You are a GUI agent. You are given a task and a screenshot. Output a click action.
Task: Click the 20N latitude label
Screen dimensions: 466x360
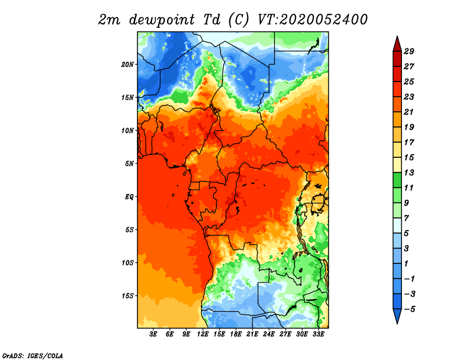(x=128, y=65)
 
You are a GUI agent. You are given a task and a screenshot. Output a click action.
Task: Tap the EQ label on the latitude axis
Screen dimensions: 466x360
(x=129, y=197)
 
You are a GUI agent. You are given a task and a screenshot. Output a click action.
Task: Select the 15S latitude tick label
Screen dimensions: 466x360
(x=128, y=296)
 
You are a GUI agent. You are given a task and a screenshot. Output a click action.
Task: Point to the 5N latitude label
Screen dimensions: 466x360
(x=129, y=164)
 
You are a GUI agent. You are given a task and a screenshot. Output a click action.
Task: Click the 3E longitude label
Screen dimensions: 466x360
(x=153, y=334)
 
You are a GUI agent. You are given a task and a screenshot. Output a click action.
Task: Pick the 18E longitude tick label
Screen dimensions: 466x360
(x=236, y=334)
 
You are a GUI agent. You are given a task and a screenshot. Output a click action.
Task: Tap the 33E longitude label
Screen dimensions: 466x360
(x=318, y=334)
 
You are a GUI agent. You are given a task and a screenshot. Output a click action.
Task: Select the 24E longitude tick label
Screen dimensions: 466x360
(x=269, y=334)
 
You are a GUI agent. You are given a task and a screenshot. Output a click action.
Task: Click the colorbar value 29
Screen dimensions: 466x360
(x=409, y=51)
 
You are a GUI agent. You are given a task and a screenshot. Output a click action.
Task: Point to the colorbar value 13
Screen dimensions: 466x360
(x=409, y=172)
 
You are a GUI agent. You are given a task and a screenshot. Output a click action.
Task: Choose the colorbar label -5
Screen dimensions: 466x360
(x=409, y=309)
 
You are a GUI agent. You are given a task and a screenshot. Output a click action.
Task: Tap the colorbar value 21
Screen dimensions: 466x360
(x=409, y=112)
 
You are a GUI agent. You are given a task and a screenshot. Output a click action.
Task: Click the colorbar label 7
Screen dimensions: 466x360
(x=407, y=218)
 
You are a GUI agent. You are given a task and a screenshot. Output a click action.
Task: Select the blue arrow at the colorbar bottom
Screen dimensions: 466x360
(x=397, y=316)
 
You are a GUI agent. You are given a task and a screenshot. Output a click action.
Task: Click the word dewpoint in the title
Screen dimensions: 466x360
(x=162, y=20)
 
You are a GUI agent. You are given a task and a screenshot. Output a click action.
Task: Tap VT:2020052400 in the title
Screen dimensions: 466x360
(x=312, y=20)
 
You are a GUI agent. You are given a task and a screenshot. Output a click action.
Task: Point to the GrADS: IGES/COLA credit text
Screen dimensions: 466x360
(x=33, y=356)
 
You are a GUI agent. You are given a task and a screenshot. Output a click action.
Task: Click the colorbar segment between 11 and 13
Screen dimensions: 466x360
(x=397, y=180)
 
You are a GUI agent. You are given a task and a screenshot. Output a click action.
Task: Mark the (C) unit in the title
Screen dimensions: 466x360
(x=239, y=20)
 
